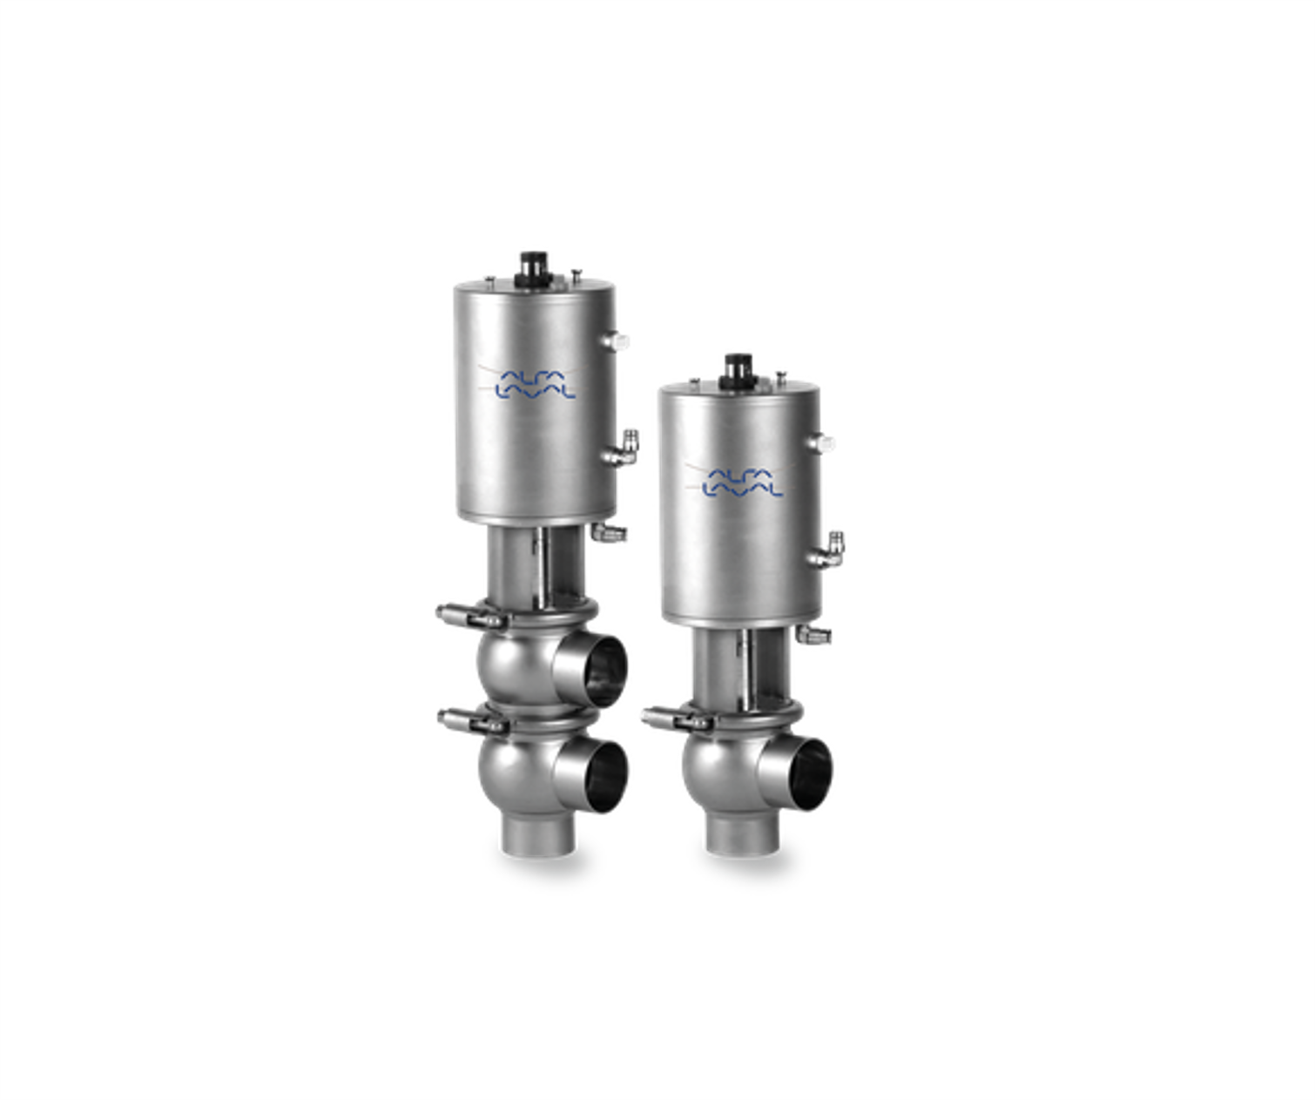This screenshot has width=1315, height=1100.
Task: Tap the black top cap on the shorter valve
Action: (x=738, y=371)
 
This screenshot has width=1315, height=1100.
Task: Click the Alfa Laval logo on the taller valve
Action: (x=535, y=384)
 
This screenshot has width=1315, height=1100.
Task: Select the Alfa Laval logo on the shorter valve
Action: (x=742, y=483)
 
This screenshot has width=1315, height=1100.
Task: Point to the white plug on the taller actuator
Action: (x=617, y=341)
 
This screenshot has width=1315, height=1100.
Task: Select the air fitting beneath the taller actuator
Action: (x=609, y=533)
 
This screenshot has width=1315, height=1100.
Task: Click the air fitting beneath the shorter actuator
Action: (x=813, y=634)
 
